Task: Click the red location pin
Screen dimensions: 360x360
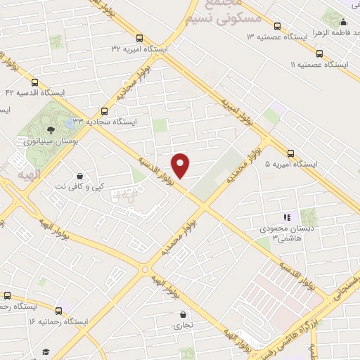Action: (x=181, y=165)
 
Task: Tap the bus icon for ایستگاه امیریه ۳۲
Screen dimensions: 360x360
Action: (x=139, y=39)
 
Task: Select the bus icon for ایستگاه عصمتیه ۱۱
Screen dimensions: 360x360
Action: (x=320, y=53)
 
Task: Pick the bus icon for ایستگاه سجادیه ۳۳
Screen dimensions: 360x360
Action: (x=105, y=110)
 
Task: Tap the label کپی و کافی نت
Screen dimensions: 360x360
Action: (x=88, y=186)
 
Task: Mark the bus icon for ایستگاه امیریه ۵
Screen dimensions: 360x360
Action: (x=291, y=153)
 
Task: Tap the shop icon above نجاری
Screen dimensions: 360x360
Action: (x=183, y=314)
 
